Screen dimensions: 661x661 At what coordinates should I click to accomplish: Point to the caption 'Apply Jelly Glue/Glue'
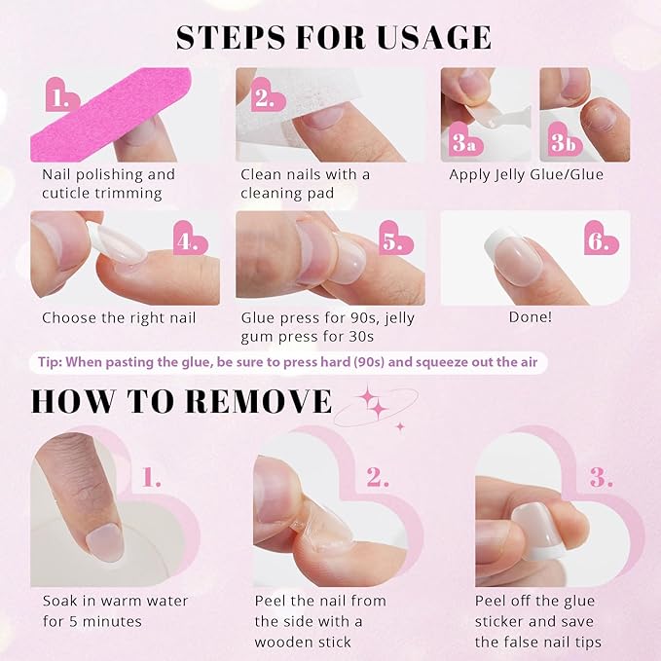[526, 175]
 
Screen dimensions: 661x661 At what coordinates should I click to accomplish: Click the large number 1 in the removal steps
[152, 478]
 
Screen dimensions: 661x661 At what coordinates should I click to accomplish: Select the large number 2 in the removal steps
[379, 478]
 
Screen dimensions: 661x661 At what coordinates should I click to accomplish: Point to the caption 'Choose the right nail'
[119, 317]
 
